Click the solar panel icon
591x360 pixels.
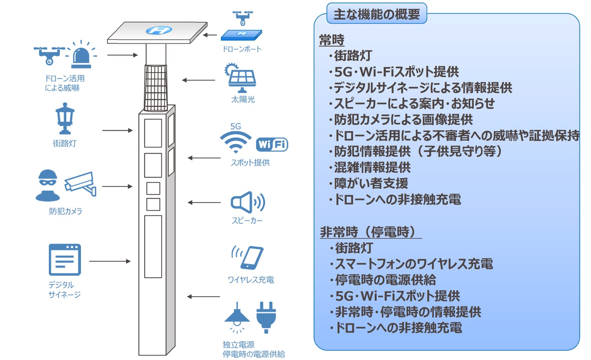pos(240,78)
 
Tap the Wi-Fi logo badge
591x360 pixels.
pos(272,145)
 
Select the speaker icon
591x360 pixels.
pos(248,202)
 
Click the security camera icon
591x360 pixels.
pos(81,183)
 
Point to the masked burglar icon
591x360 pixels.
pos(48,186)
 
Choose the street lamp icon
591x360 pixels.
pos(65,119)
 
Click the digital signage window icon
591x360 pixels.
pos(65,260)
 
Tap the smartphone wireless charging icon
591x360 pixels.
pos(247,258)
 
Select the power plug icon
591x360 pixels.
pos(266,317)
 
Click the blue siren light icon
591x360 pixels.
pos(82,55)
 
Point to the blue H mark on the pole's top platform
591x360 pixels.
pos(159,30)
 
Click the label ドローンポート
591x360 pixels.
pos(242,50)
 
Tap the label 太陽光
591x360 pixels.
pos(243,99)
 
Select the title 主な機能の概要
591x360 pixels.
pos(377,14)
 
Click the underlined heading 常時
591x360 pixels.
pos(332,40)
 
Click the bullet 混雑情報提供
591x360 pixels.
pos(370,167)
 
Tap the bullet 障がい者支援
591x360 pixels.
pos(369,184)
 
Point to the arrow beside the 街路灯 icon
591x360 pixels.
pos(117,130)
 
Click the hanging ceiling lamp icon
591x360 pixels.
pos(237,317)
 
